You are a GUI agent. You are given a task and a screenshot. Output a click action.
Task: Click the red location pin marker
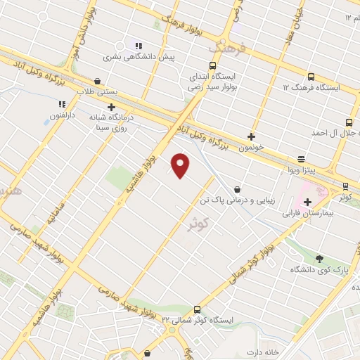coord(181,165)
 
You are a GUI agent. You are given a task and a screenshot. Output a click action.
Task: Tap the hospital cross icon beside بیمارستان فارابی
coord(307,202)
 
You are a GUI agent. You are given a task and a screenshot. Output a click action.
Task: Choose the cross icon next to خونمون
coord(251,136)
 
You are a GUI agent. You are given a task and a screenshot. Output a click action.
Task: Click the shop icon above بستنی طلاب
coord(96,81)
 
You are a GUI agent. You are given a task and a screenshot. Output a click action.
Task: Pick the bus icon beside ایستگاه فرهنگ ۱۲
coord(311,77)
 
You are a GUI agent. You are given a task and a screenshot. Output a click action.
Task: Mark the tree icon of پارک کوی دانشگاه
coord(320,258)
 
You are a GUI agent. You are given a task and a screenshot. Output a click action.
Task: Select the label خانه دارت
coord(263,351)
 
